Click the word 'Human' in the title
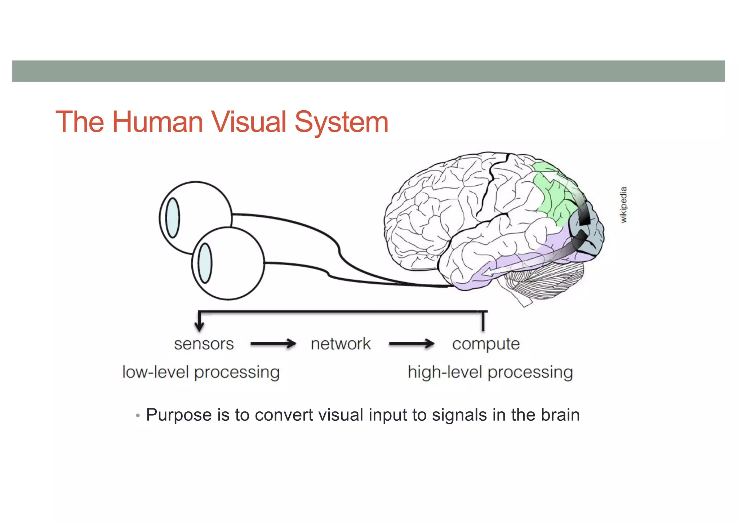(x=157, y=122)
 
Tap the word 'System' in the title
(x=341, y=123)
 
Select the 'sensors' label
(x=204, y=344)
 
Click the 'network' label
(x=341, y=344)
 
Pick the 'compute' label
(x=486, y=344)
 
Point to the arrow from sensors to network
(x=273, y=344)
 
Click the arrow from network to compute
(x=412, y=344)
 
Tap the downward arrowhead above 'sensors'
(x=199, y=326)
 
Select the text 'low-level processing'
(x=201, y=372)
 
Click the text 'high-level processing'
(x=490, y=372)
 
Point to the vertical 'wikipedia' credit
(x=624, y=204)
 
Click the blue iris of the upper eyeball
(x=173, y=218)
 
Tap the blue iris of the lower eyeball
(x=205, y=263)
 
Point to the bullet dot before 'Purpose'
(x=138, y=416)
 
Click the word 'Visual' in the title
(x=249, y=122)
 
